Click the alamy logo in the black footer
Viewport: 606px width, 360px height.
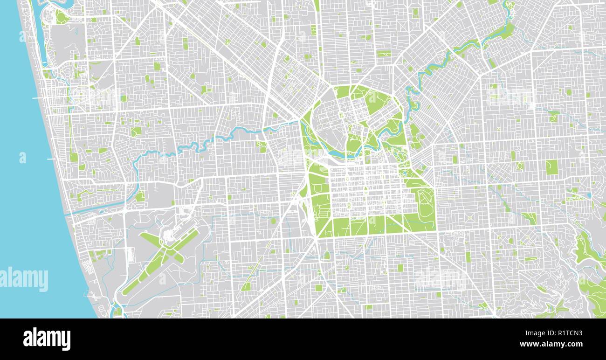tap(47, 339)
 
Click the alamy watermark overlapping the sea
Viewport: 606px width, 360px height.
tap(24, 279)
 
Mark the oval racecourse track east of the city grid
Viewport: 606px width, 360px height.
tap(426, 206)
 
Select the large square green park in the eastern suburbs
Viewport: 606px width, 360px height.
tap(551, 167)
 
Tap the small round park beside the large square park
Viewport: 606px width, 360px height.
tap(519, 166)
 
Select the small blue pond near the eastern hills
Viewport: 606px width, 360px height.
tap(588, 196)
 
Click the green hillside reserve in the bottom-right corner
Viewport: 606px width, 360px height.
tap(588, 252)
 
